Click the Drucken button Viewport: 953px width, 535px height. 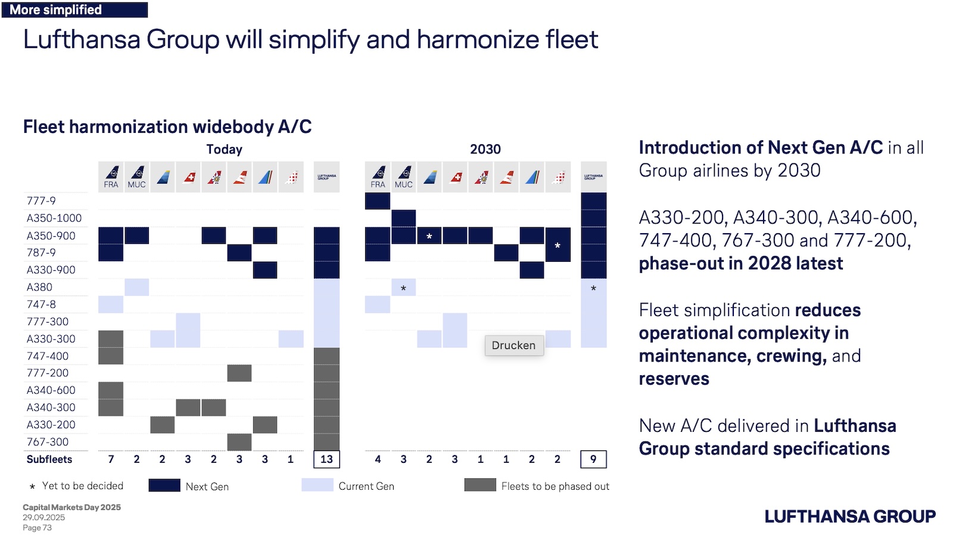[513, 345]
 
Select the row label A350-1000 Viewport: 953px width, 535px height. [54, 218]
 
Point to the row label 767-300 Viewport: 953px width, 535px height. [48, 442]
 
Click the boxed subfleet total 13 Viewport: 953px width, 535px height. [326, 459]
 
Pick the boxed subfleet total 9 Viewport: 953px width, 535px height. [593, 459]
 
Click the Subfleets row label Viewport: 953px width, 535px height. [49, 459]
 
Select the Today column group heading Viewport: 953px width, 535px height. [224, 149]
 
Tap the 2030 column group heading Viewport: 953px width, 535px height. [485, 149]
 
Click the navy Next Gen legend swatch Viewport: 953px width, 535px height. [164, 485]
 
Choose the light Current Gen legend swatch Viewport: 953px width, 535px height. [317, 485]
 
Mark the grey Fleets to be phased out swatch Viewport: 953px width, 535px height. [480, 485]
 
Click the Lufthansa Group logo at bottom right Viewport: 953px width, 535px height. [850, 517]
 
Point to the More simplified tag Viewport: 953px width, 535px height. [74, 10]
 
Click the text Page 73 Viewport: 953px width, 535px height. [37, 528]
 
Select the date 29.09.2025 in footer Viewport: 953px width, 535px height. [44, 518]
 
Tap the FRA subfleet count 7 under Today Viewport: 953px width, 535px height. [111, 459]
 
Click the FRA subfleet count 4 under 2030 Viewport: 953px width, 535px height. [378, 459]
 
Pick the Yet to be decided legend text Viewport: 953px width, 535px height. [83, 486]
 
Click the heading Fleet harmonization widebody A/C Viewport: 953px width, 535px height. [167, 126]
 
